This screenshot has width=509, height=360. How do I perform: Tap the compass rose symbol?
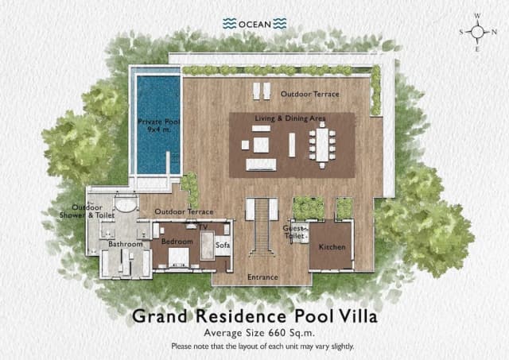478,32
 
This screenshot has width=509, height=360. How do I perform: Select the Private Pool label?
156,126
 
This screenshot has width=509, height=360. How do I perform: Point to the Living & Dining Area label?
289,118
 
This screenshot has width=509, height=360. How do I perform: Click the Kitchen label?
332,247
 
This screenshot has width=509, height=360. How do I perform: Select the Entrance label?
262,277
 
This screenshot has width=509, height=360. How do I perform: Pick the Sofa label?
223,246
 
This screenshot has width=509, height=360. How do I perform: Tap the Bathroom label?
125,245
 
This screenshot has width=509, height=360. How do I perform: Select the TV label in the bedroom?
203,226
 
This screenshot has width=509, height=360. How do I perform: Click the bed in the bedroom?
178,256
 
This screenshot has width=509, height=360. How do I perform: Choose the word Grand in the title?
158,316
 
